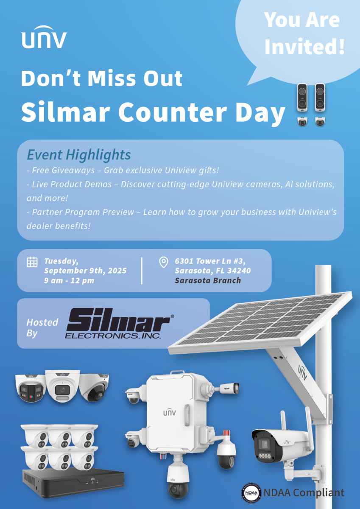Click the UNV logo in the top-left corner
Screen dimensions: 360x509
[44, 37]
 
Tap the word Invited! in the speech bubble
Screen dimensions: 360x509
[304, 47]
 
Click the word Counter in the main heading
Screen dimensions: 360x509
[173, 112]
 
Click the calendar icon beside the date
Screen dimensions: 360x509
[32, 262]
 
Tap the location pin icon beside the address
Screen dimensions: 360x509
[164, 262]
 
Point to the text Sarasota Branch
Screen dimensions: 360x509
[208, 281]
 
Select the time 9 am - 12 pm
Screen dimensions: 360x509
[69, 281]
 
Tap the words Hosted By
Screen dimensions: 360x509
[42, 328]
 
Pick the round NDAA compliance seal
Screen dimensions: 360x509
[252, 493]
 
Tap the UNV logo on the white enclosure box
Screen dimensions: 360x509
[170, 412]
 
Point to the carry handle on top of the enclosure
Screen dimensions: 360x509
[177, 372]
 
